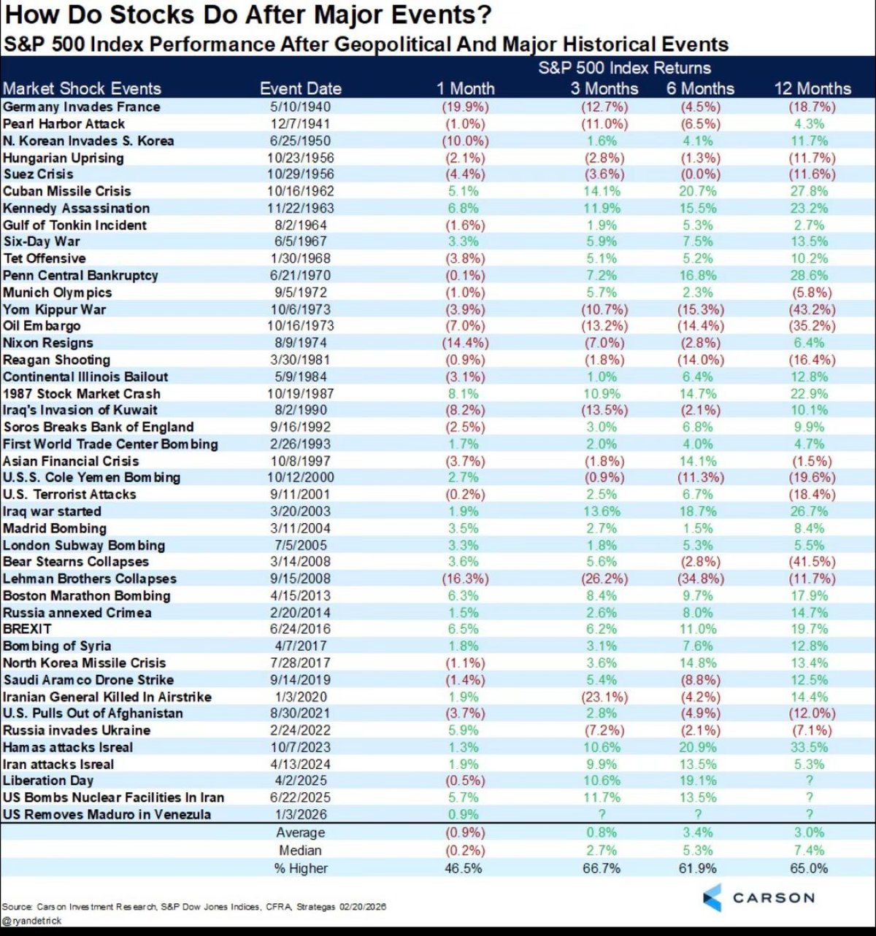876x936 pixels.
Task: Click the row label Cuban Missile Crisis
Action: coord(66,191)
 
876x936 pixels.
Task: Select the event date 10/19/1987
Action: coord(300,393)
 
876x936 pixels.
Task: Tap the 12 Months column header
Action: coord(812,89)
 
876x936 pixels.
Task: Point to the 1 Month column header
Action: coord(465,89)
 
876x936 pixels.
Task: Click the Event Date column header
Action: coord(300,89)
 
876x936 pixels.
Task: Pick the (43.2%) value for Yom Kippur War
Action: coord(812,309)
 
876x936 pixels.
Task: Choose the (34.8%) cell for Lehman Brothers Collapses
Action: coord(700,579)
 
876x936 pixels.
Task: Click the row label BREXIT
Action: coord(27,629)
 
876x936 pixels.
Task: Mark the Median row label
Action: coord(300,851)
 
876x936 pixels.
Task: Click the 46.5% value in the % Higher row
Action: coord(463,869)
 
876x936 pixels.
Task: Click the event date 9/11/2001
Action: coord(300,495)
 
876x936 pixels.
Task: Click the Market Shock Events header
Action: coord(82,89)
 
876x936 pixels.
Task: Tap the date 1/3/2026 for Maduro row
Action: coord(300,814)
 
